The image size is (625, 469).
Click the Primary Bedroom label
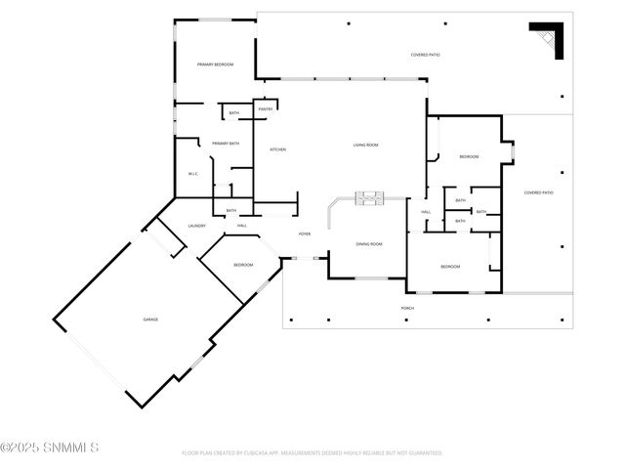click(215, 64)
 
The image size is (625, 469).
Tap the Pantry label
click(266, 109)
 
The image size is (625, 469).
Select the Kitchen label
click(277, 149)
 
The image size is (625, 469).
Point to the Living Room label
click(365, 145)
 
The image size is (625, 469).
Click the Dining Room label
click(368, 243)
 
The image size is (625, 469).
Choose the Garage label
click(150, 320)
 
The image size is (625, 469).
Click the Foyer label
click(305, 234)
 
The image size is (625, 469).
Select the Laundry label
click(196, 226)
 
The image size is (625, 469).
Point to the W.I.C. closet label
click(193, 175)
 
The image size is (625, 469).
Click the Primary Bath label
click(226, 144)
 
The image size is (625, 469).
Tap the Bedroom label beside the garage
click(242, 265)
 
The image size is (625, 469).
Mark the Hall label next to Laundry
click(241, 226)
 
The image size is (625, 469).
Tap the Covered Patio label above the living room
click(425, 55)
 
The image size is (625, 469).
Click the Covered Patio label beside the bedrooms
click(538, 192)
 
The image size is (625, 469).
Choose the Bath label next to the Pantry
click(234, 113)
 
